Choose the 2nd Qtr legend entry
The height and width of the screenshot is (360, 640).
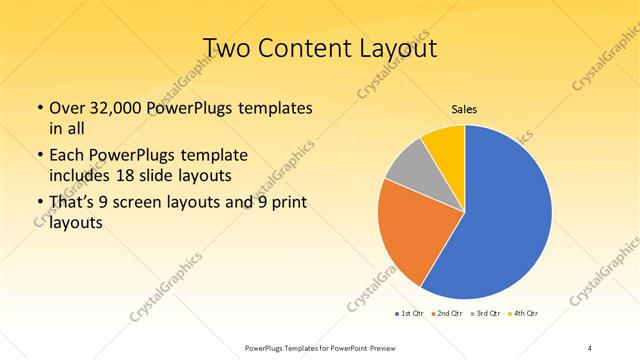[x=448, y=313]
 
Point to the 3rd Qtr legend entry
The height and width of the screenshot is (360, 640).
[x=484, y=313]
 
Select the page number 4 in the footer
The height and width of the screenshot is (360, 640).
[x=591, y=347]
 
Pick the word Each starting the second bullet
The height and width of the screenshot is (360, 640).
[x=66, y=157]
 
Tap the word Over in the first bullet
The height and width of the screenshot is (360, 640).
[x=68, y=107]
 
